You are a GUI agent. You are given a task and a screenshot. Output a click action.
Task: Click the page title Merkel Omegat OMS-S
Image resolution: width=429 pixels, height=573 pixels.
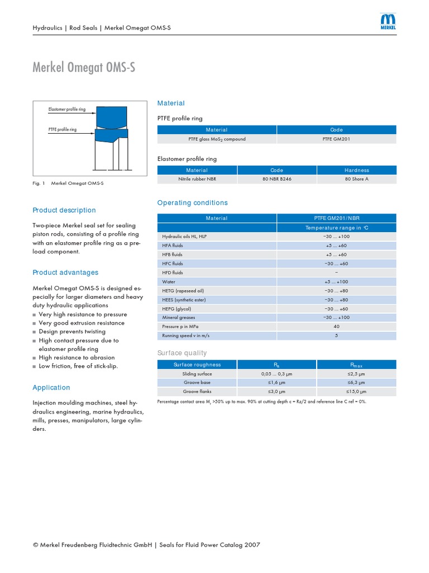coord(84,68)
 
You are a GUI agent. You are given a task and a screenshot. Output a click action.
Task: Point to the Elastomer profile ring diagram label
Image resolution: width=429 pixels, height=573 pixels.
coord(67,110)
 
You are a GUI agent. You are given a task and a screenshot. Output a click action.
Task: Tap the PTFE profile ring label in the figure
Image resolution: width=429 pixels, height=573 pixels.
coord(63,129)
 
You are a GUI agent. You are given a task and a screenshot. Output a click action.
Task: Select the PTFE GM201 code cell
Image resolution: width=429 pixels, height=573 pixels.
coord(336,139)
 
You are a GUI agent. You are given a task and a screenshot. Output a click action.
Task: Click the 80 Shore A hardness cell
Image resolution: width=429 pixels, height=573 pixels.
coord(356,179)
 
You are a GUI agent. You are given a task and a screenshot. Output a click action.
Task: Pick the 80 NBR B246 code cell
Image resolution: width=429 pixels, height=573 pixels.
coord(277,179)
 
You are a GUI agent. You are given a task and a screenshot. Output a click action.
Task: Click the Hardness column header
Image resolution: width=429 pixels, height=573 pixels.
coord(356,170)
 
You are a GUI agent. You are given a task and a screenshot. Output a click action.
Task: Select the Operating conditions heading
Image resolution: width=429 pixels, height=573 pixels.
coord(192,203)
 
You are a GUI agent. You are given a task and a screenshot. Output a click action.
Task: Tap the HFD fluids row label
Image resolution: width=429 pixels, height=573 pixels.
coord(173,273)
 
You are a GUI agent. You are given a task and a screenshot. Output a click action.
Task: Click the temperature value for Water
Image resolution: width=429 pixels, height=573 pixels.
coord(336,281)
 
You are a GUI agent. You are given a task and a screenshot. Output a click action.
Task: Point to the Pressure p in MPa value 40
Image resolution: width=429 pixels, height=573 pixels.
coord(336,326)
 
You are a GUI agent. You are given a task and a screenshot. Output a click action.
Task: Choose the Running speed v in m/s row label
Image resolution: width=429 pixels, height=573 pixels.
coord(185,336)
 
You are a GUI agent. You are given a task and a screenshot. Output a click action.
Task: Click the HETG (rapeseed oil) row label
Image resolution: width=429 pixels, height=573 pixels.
coord(183,290)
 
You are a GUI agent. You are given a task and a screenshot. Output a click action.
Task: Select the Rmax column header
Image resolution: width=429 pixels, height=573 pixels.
coord(356,365)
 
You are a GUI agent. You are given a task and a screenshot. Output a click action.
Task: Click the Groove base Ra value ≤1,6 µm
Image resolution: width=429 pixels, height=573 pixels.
coord(277,383)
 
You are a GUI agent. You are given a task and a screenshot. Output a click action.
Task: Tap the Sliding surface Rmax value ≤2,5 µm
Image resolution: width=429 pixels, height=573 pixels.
coord(356,373)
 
